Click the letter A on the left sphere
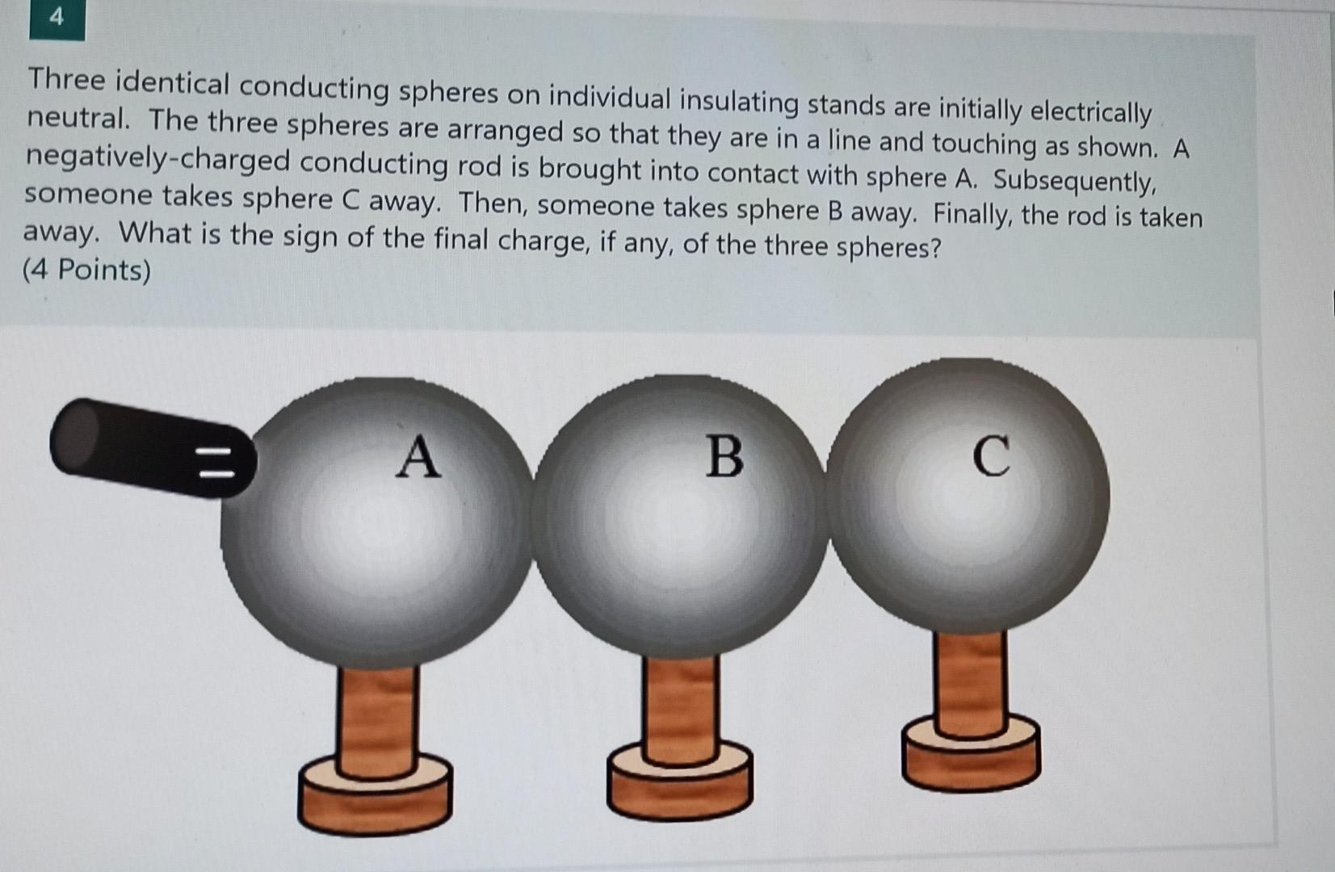point(418,457)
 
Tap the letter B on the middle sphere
point(724,457)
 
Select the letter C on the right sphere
point(991,457)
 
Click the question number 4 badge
point(57,18)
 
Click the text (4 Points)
point(86,270)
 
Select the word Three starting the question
point(66,80)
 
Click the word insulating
point(738,102)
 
